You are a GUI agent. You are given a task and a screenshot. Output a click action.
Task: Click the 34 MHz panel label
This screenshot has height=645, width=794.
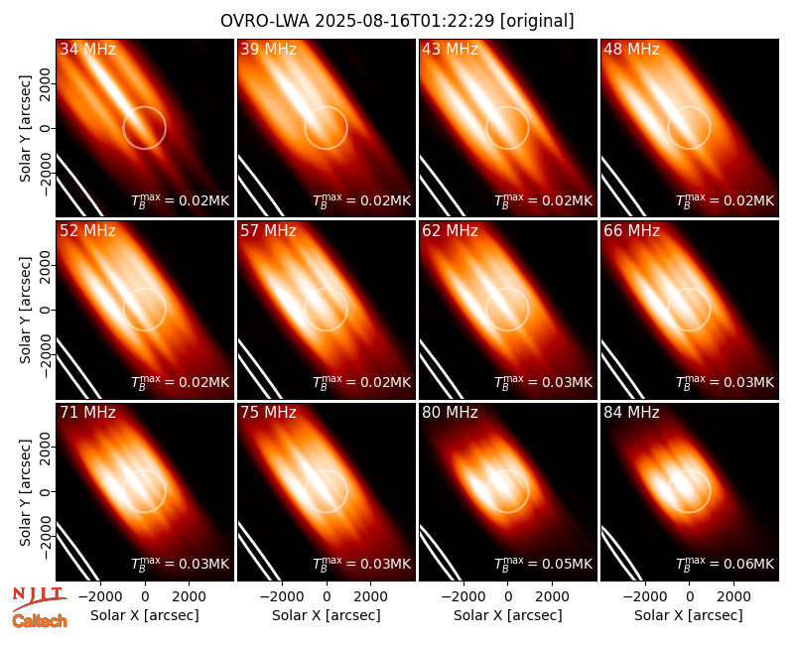click(x=87, y=49)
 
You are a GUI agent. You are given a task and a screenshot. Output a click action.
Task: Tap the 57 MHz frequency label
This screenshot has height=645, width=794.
click(x=268, y=231)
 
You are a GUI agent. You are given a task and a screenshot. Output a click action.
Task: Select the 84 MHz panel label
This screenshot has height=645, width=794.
click(x=631, y=413)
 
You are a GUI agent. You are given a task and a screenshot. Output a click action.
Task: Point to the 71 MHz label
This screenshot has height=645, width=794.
click(x=87, y=413)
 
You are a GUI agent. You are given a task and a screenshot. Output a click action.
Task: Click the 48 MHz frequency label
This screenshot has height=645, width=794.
click(x=631, y=49)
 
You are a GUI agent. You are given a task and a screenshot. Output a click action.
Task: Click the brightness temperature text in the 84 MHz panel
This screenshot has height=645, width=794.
click(x=726, y=563)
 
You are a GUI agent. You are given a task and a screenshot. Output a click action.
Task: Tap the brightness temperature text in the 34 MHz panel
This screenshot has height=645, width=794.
click(x=181, y=200)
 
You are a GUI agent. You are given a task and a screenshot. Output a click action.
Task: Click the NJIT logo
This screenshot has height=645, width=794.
click(x=39, y=597)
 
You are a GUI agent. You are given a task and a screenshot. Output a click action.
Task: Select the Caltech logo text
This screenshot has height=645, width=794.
click(x=40, y=621)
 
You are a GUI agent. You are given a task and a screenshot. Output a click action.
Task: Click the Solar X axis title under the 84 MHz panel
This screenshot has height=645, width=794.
click(x=689, y=615)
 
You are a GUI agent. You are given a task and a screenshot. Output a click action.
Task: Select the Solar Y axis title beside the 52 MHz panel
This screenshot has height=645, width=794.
click(x=25, y=310)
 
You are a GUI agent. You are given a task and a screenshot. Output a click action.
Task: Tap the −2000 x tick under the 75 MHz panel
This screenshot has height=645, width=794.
click(x=282, y=597)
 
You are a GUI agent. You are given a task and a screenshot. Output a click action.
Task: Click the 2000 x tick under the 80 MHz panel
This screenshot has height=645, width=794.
click(x=552, y=597)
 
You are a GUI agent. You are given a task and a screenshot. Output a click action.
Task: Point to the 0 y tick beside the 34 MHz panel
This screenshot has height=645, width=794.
click(x=46, y=128)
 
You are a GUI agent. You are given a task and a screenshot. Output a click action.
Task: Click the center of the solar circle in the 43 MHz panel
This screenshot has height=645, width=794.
click(x=507, y=128)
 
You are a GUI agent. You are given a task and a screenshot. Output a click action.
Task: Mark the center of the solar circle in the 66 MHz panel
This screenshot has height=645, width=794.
click(x=689, y=310)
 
